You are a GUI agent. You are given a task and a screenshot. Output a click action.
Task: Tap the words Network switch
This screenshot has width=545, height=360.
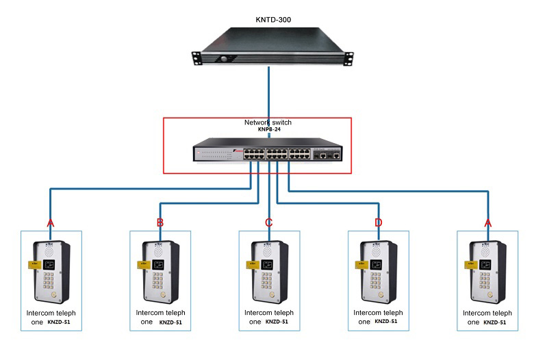point(268,123)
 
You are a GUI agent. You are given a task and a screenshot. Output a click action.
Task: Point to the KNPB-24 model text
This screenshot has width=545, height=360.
point(268,129)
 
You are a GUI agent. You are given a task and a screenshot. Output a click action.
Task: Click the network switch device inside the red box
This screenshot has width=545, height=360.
point(267,152)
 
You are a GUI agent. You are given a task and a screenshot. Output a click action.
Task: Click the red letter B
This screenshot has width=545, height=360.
point(160,222)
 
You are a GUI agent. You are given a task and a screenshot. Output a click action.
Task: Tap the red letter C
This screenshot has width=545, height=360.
point(269,222)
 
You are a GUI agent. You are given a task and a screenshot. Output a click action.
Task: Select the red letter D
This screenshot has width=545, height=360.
point(378,222)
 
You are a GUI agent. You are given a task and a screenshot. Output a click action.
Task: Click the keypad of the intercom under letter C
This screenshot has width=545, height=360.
point(267,281)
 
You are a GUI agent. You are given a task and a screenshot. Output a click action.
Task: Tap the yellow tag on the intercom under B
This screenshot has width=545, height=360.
point(142,265)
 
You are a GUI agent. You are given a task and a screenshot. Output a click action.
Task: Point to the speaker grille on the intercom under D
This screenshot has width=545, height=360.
point(376,251)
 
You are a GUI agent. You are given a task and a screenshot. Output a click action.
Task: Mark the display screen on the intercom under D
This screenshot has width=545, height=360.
point(374,263)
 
